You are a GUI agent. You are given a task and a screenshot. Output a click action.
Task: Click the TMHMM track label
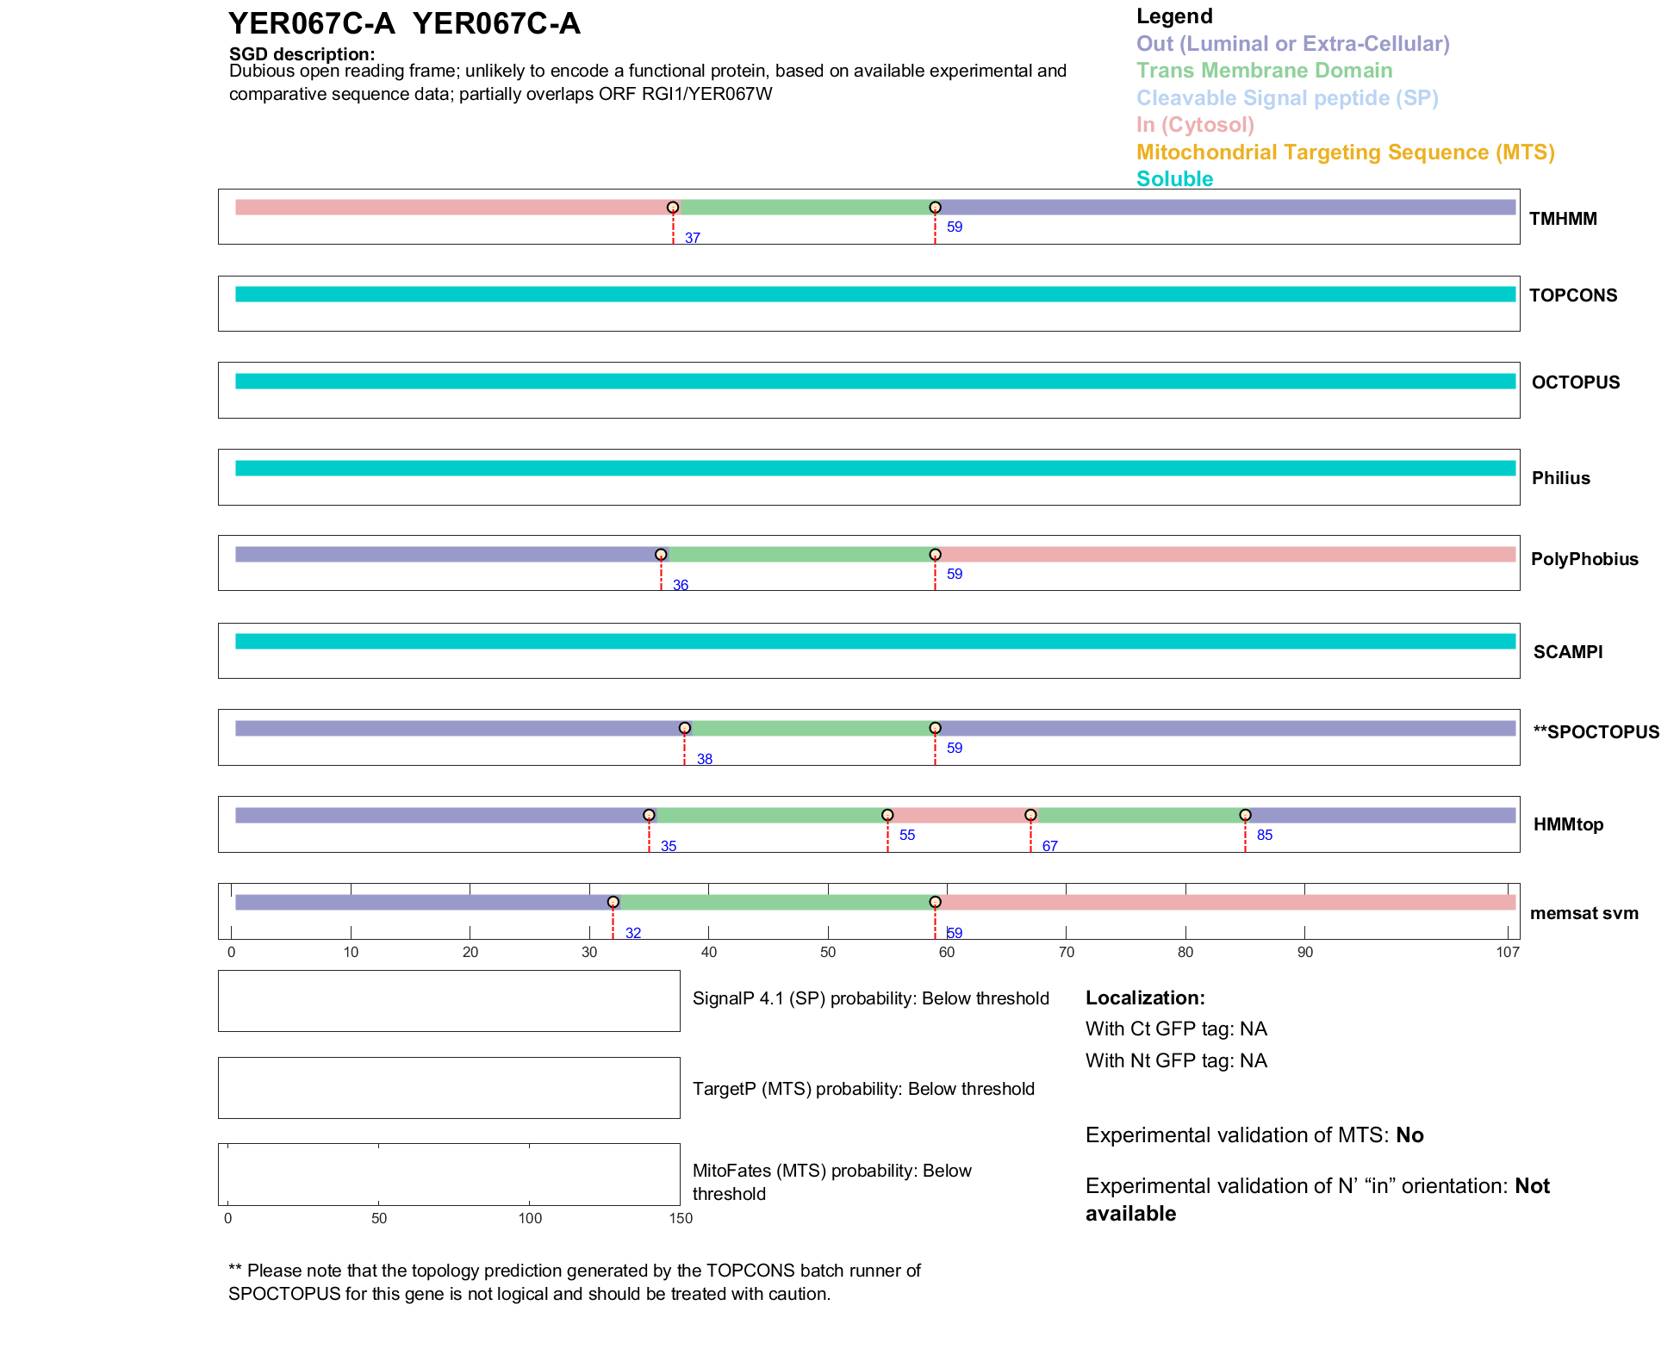coord(1562,219)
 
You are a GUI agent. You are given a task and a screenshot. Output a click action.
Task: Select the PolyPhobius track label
coord(1584,559)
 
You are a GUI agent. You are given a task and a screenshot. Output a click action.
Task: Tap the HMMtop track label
coord(1568,824)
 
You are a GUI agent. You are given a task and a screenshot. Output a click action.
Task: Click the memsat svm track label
coord(1584,913)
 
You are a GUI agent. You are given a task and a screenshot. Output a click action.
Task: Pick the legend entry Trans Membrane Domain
coord(1264,71)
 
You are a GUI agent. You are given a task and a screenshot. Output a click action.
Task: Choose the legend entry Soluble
coord(1174,179)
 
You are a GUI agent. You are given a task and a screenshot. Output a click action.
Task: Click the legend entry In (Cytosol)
coord(1195,125)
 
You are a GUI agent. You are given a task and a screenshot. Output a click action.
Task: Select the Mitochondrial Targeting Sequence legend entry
coord(1345,152)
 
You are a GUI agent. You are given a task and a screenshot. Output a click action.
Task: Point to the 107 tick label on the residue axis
coord(1508,952)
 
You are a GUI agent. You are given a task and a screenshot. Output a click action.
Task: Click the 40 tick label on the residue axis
coord(708,952)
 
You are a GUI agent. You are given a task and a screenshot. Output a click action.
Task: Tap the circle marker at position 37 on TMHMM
coord(673,208)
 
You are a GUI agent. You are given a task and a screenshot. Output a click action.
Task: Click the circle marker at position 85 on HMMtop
coord(1245,815)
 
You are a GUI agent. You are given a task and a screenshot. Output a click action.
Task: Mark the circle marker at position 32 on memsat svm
coord(613,902)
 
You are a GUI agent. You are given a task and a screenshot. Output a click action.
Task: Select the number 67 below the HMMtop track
coord(1049,846)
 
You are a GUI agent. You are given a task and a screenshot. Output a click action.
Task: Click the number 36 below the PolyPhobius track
coord(680,585)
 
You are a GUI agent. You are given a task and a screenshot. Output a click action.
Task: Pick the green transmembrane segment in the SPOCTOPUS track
coord(810,729)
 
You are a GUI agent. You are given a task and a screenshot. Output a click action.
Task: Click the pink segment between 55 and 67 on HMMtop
coord(959,815)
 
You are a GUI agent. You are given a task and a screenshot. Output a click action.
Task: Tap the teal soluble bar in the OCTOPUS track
coord(874,382)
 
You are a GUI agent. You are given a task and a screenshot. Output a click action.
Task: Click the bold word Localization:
coord(1145,998)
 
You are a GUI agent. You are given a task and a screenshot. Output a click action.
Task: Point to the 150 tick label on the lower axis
coord(681,1218)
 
